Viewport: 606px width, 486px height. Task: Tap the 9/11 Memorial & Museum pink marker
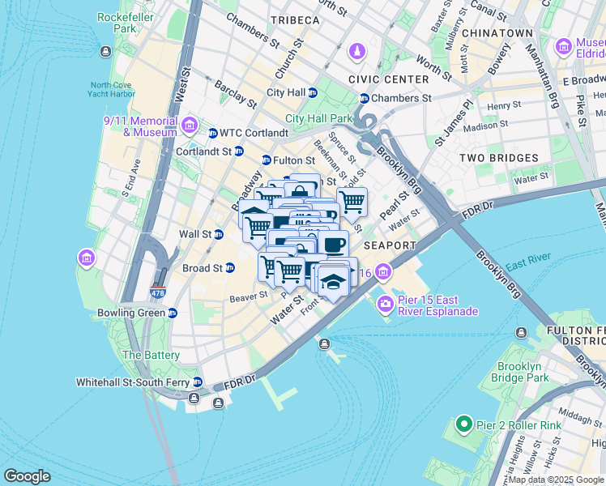(190, 125)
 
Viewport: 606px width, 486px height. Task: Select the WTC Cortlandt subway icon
(213, 133)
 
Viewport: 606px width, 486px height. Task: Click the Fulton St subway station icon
(266, 160)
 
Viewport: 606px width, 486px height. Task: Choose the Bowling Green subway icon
(173, 313)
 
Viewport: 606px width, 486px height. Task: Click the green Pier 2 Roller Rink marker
(463, 424)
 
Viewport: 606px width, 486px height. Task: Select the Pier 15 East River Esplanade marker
(384, 304)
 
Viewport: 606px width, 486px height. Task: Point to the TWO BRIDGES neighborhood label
(498, 158)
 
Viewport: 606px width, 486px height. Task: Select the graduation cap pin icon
(333, 280)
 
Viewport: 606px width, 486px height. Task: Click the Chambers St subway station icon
(364, 98)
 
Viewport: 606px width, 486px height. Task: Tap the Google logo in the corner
(27, 476)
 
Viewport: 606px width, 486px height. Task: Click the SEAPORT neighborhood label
(389, 245)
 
